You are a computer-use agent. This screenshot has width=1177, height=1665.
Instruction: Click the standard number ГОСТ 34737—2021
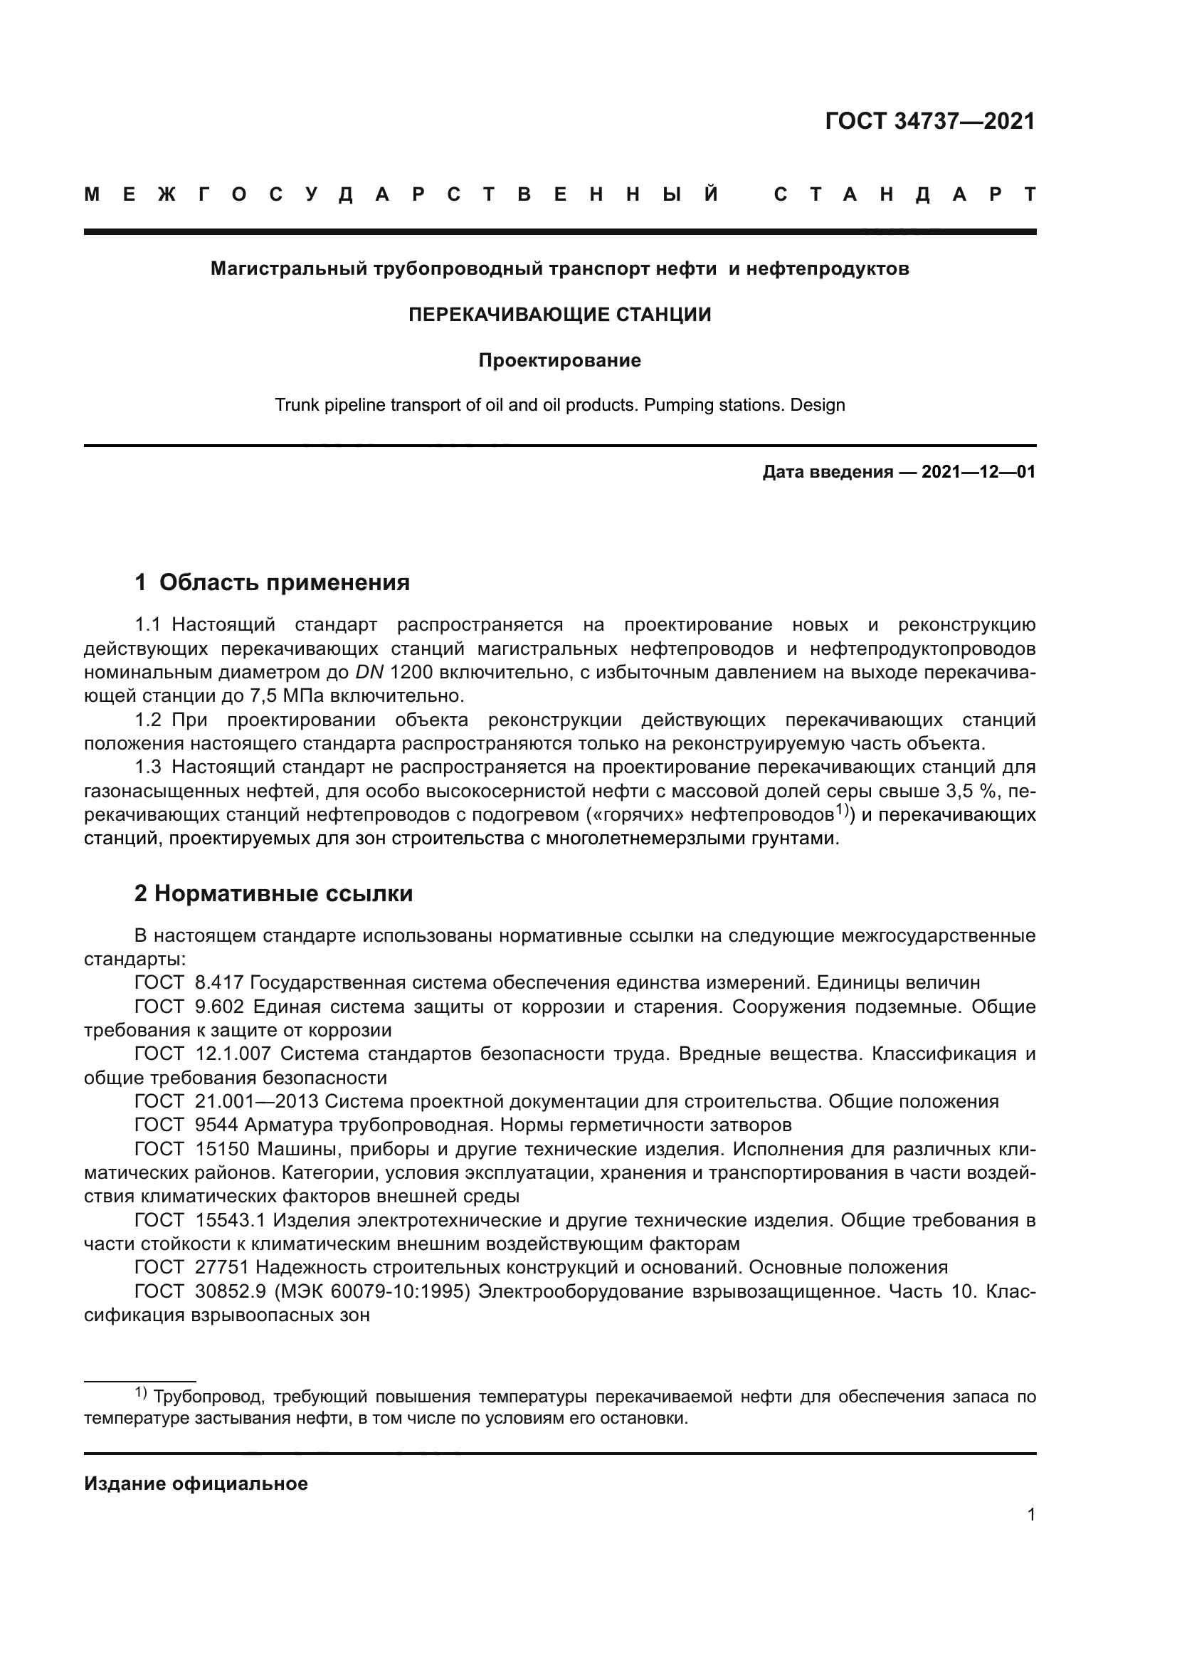[x=930, y=121]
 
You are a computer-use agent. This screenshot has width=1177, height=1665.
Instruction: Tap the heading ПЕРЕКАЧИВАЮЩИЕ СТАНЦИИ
[x=559, y=315]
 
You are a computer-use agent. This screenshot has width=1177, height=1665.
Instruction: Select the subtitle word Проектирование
[x=559, y=360]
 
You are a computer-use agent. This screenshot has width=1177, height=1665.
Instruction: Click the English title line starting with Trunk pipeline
[x=559, y=404]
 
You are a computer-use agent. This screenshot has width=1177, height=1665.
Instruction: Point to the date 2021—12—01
[x=978, y=473]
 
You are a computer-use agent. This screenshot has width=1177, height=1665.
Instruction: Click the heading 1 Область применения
[x=272, y=582]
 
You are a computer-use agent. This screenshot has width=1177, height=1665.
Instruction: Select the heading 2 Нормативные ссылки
[x=273, y=893]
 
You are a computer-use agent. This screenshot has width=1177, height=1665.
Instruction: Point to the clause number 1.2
[x=148, y=720]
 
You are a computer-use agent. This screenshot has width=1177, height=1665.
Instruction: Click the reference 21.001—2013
[x=257, y=1101]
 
